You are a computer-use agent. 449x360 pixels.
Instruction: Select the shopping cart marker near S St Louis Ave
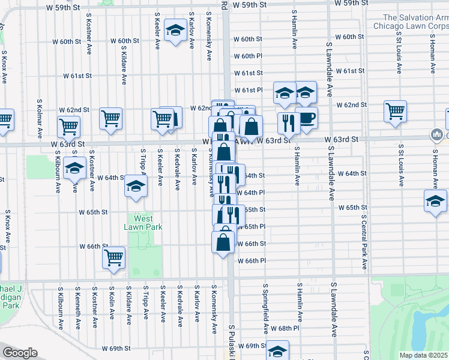395,110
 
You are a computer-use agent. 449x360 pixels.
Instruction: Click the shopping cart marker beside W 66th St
113,257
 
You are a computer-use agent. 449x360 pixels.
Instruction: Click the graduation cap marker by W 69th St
277,350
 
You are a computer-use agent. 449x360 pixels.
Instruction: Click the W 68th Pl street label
285,329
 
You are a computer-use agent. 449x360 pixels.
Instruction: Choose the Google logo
20,353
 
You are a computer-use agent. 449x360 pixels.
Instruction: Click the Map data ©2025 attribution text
424,355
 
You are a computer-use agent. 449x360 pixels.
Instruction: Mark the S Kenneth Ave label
77,307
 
